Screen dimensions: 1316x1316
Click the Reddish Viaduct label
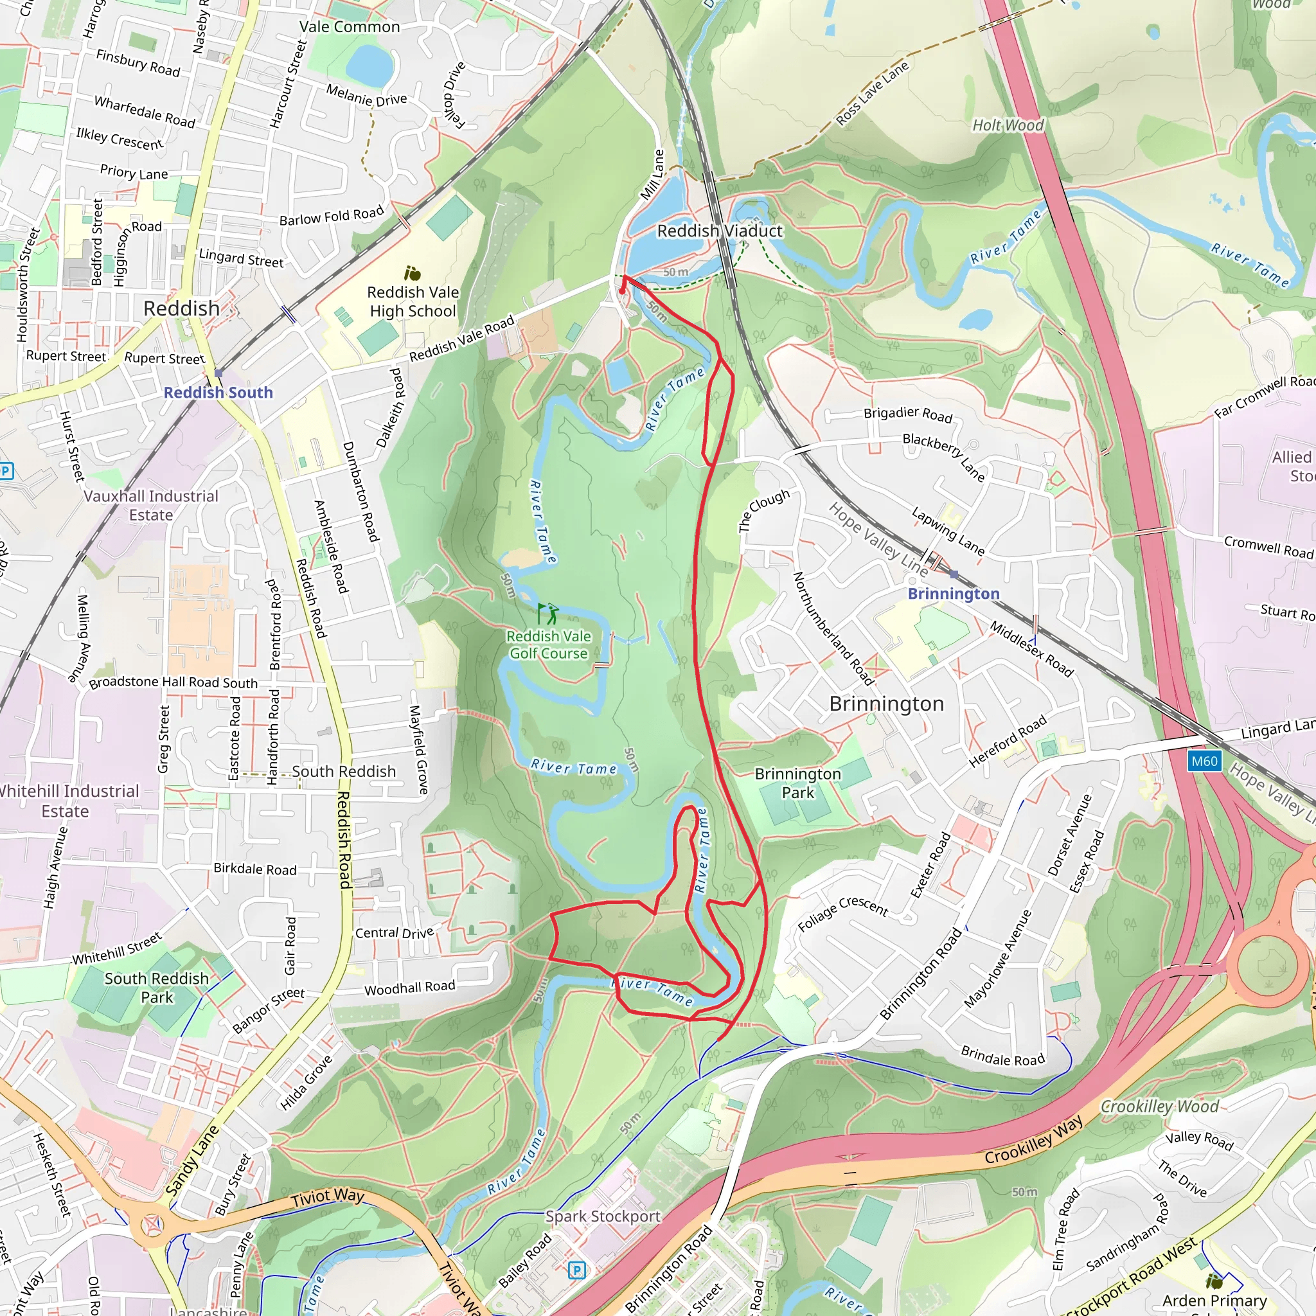point(719,231)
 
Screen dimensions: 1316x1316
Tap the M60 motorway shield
point(1204,761)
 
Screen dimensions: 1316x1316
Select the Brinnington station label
point(953,593)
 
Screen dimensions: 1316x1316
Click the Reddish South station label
point(218,393)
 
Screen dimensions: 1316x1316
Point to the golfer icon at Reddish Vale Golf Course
point(547,613)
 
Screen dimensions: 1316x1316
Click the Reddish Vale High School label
point(413,301)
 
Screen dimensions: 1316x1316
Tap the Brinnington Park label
point(797,783)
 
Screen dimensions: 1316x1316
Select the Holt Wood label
point(1008,125)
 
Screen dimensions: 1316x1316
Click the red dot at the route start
point(622,292)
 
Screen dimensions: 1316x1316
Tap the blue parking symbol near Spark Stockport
point(576,1270)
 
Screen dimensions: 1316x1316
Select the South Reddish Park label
point(157,988)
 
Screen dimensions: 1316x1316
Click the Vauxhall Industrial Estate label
point(151,506)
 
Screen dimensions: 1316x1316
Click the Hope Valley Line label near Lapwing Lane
point(878,538)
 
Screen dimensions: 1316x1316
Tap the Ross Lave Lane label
point(872,93)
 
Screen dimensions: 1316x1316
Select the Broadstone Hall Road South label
point(173,682)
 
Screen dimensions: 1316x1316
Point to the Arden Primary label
point(1214,1301)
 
